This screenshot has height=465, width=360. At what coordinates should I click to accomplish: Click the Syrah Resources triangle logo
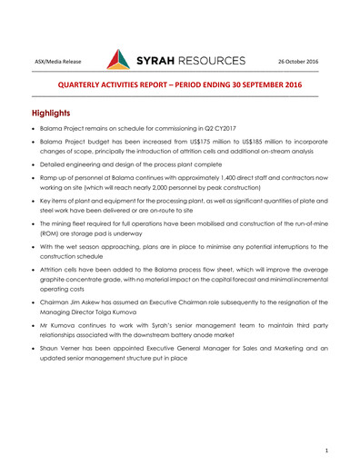coord(119,60)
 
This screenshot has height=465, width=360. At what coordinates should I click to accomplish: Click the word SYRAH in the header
coord(163,61)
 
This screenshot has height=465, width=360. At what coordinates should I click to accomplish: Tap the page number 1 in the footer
coord(325,450)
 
